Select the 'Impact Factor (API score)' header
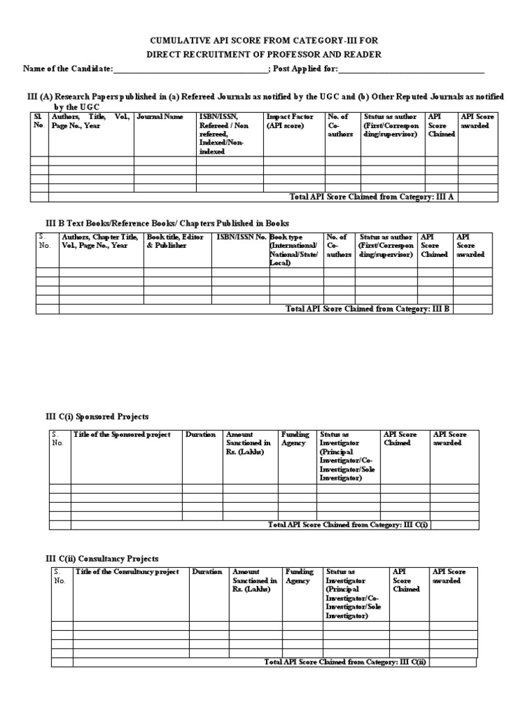point(290,122)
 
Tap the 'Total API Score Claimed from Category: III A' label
point(373,197)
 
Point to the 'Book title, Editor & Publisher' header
point(170,241)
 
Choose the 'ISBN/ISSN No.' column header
point(241,237)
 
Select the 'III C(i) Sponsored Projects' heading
point(97,416)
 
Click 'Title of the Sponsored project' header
point(121,435)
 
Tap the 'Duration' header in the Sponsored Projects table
point(200,435)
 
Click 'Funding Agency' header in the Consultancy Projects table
point(299,576)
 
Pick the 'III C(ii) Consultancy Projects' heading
point(102,558)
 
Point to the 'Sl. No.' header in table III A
point(39,121)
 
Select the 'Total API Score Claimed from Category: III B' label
point(368,309)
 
